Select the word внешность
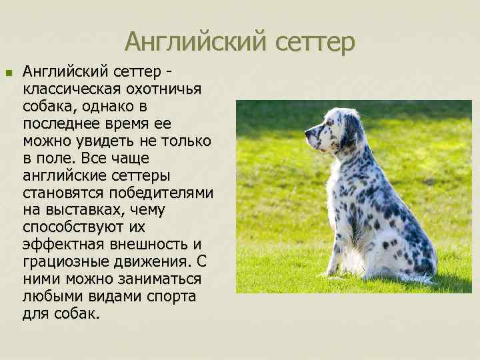tap(145, 245)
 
